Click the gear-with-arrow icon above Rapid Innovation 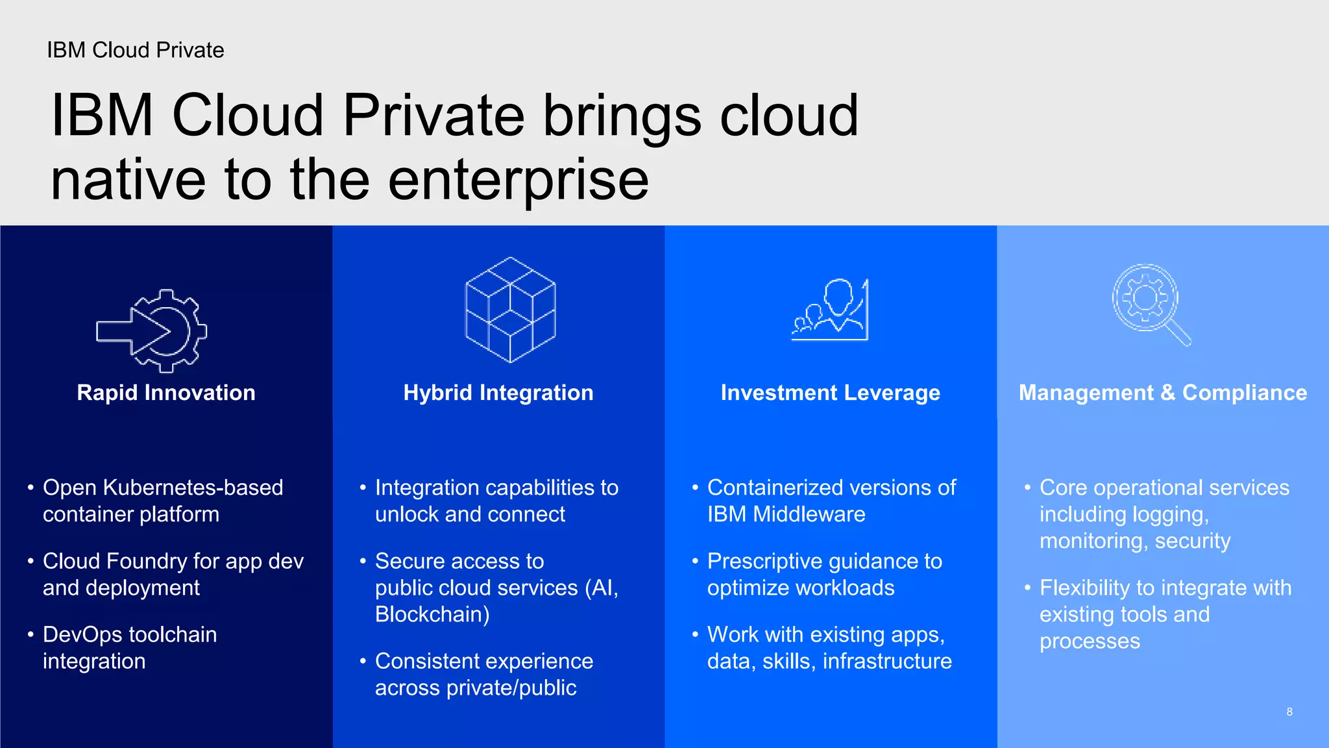152,331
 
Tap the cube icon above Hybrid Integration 511,310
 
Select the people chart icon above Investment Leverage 830,310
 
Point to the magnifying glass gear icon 1151,304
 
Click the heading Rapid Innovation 166,393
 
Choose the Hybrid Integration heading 498,393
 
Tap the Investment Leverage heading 830,393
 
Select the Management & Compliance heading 1162,393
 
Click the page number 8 1289,712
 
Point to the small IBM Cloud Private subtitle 135,50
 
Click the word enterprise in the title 518,181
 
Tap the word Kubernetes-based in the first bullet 193,488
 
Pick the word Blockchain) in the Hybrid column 432,614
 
